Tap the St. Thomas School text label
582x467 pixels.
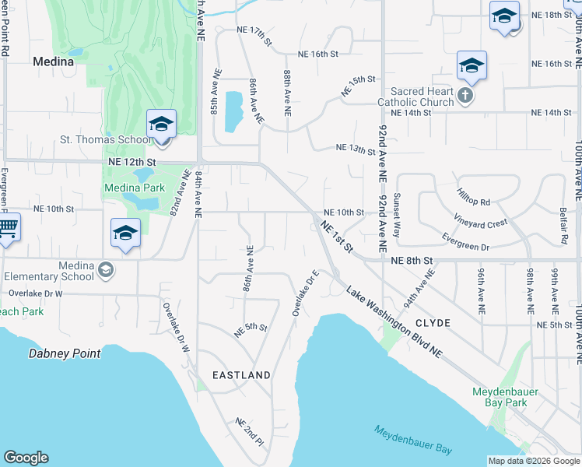[106, 140]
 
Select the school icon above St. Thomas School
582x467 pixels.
[161, 125]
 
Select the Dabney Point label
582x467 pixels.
[65, 353]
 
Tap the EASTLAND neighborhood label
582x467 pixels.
[242, 375]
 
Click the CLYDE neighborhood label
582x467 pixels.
[433, 321]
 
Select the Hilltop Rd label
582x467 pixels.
[473, 196]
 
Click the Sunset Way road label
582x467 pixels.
[397, 216]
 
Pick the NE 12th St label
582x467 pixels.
[132, 162]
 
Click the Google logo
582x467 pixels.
[26, 458]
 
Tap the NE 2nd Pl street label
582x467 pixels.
[250, 431]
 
